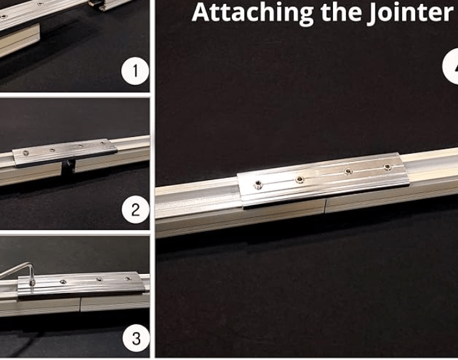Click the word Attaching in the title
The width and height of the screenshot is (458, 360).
(252, 13)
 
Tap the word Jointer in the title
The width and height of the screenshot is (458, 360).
(410, 12)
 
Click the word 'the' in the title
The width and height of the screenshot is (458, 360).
(340, 12)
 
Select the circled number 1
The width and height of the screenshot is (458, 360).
(135, 71)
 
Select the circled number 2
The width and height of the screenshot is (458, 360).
(136, 210)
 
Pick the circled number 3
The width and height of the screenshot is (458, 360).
(136, 338)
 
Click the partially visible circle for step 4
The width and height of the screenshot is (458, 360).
(450, 67)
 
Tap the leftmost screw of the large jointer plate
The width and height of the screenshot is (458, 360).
(258, 185)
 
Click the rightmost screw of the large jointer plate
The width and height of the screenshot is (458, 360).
(388, 167)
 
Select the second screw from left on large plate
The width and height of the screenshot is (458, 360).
(300, 179)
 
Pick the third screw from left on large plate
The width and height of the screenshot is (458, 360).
(348, 171)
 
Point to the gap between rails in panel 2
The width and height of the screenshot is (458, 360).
(68, 168)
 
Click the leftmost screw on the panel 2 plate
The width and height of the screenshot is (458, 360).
(26, 153)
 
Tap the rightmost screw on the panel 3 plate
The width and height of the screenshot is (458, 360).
(128, 278)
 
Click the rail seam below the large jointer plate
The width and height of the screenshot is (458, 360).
(325, 206)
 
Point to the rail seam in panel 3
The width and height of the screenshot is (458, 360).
(80, 305)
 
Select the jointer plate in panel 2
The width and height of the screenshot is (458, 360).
(65, 152)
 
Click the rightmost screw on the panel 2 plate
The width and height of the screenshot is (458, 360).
(102, 143)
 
